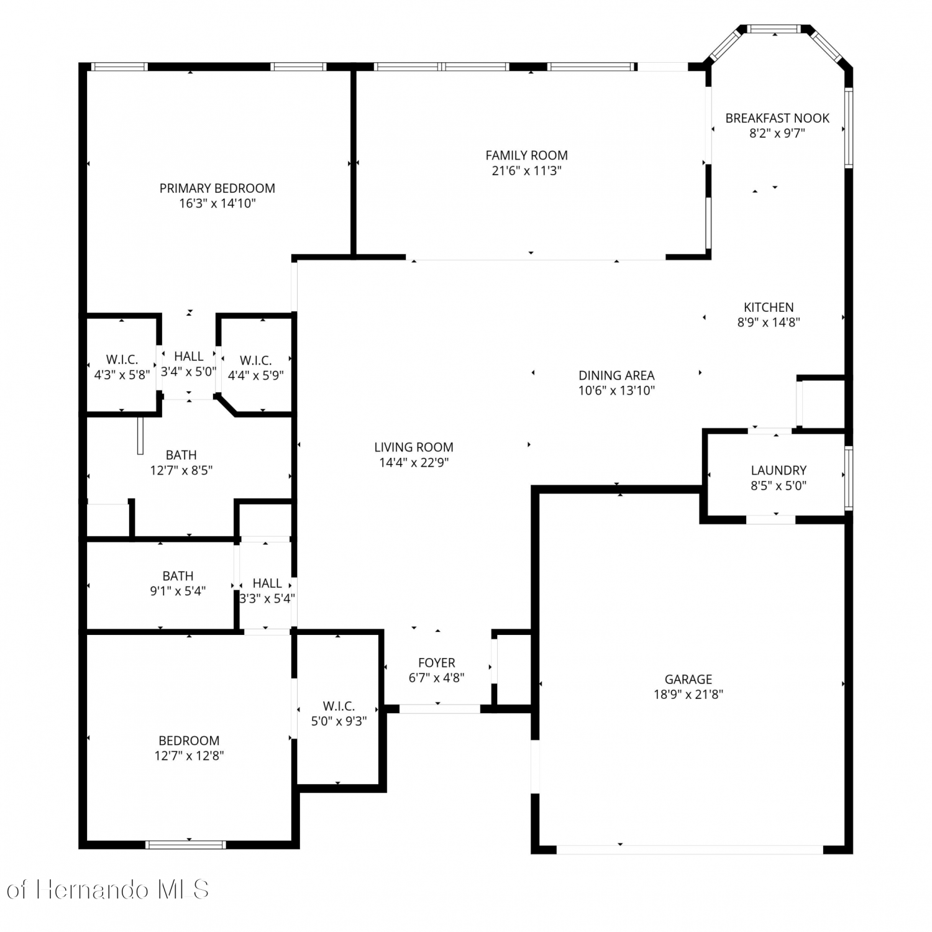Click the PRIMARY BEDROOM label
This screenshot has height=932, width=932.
point(217,188)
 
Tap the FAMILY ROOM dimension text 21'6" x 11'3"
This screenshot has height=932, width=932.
point(527,171)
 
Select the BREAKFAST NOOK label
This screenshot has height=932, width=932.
point(777,118)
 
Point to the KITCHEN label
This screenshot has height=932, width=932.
point(769,307)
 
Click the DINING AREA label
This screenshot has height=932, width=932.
point(616,375)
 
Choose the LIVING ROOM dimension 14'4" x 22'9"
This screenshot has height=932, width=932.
point(414,462)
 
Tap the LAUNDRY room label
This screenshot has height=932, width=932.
point(779,470)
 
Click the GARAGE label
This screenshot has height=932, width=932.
point(688,679)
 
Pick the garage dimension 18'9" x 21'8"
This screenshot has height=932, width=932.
point(688,695)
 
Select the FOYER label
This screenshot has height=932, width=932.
point(437,663)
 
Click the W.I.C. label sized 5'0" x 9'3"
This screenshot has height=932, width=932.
point(339,706)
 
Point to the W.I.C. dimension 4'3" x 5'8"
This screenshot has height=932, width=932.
point(122,375)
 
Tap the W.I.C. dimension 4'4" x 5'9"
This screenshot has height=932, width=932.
point(256,375)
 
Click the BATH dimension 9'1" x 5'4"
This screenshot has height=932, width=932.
point(178,591)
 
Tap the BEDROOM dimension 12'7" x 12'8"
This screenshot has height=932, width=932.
point(189,756)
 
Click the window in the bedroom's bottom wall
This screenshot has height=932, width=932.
point(186,844)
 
